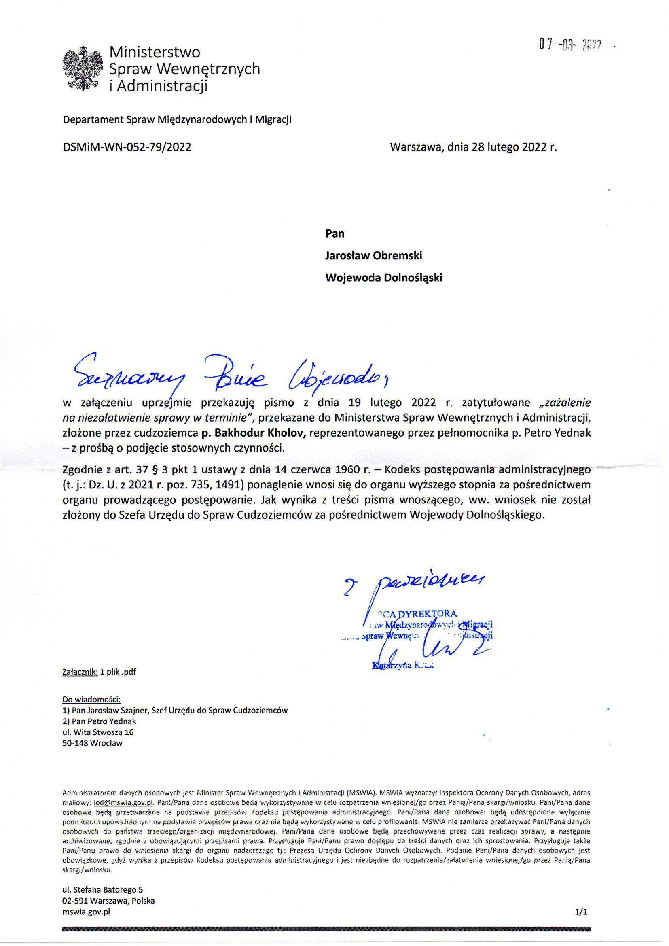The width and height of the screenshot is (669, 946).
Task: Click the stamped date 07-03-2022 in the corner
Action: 570,45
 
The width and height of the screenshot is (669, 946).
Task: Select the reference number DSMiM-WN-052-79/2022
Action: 127,147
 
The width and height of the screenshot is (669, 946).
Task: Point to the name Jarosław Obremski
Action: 374,255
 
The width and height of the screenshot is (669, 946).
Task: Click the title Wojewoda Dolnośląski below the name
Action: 383,278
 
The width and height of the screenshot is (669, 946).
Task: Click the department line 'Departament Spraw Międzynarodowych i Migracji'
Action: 177,120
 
